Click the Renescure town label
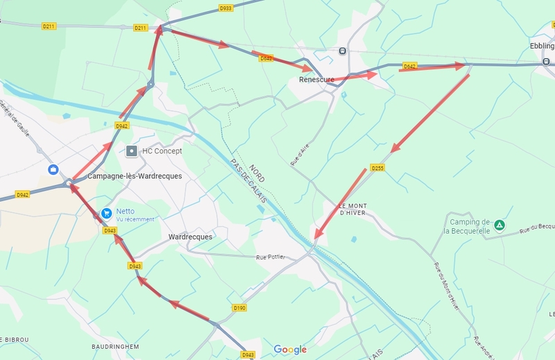(316, 80)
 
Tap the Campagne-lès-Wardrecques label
(135, 176)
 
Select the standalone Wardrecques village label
(190, 237)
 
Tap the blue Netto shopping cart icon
(106, 214)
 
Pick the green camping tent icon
(499, 225)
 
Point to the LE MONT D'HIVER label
(352, 209)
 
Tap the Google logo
(290, 350)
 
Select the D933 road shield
(225, 8)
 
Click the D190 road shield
(239, 307)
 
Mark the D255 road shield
(377, 168)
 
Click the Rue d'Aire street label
(298, 154)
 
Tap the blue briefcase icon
(53, 169)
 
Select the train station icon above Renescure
(342, 51)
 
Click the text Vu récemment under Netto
(135, 219)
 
